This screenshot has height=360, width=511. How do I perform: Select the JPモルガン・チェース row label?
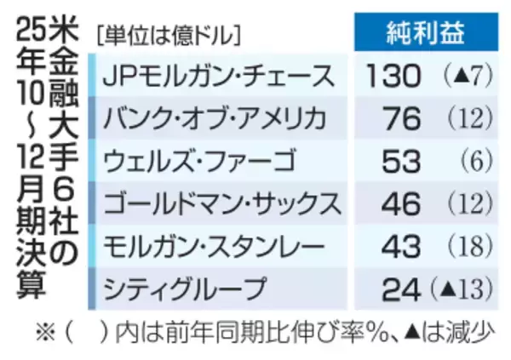click(217, 75)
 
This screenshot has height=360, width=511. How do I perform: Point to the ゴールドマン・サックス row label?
click(221, 203)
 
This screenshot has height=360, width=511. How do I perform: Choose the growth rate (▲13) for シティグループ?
click(462, 288)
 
